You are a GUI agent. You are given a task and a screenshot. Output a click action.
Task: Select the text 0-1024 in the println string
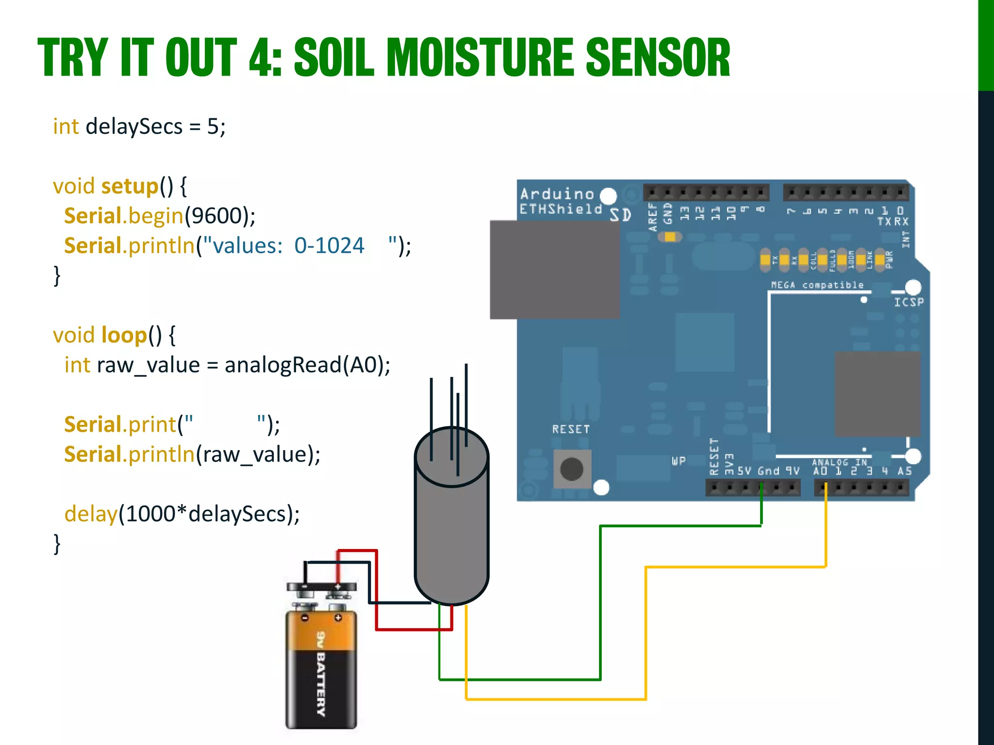(329, 246)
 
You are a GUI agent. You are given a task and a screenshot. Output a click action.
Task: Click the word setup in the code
(130, 186)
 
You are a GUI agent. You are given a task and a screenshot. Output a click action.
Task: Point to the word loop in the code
(124, 335)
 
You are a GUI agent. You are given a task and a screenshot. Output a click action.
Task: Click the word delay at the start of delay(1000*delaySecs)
(91, 514)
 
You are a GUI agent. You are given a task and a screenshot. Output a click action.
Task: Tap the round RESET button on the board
(572, 469)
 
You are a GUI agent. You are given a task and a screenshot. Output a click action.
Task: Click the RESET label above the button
(571, 429)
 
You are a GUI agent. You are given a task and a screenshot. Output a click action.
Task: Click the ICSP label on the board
(909, 302)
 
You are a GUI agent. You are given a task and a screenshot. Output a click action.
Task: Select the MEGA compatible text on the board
(817, 285)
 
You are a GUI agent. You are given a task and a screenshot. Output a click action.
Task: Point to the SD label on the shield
(620, 215)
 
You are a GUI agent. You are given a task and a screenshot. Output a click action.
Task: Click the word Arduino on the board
(557, 194)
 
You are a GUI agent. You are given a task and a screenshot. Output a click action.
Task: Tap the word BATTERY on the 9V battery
(321, 684)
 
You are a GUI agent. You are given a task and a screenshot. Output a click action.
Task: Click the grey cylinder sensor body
(451, 534)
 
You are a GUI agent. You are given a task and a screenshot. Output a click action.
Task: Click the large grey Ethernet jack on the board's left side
(554, 270)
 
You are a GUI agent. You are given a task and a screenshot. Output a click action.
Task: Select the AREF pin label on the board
(652, 216)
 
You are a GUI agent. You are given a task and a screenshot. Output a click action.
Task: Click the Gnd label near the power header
(768, 471)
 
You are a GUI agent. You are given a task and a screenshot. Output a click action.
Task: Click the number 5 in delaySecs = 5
(213, 127)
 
